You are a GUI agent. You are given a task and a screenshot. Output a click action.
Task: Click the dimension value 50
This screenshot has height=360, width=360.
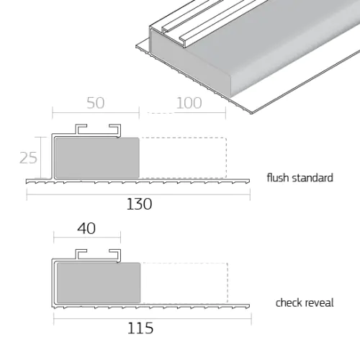pos(95,103)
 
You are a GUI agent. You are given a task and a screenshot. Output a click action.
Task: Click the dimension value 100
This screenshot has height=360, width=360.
pos(188,103)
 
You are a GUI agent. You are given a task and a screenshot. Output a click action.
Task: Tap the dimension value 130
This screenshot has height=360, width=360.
pos(139,204)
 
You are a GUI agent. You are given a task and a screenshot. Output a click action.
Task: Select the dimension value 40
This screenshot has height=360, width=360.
pos(86,228)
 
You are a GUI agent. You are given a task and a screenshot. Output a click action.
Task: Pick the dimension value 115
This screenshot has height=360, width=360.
pos(140,328)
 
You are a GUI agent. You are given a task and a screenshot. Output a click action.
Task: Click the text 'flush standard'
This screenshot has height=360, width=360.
pos(300,178)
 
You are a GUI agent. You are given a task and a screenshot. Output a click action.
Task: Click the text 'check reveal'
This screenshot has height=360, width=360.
pos(305,302)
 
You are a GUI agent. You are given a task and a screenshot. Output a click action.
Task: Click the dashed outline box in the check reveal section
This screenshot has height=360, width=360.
pos(185,283)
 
